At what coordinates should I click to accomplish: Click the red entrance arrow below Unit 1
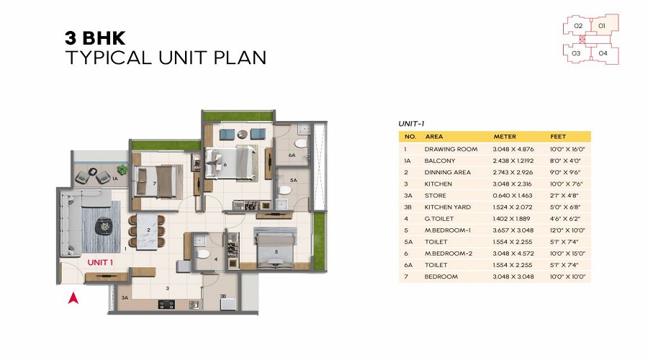73,298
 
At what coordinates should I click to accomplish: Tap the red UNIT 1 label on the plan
100,263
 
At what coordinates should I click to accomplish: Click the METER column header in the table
505,136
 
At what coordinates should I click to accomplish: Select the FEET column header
558,136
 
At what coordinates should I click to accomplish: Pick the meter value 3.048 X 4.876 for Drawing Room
513,149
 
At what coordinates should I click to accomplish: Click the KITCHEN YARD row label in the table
448,207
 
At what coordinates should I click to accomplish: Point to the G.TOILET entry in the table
439,219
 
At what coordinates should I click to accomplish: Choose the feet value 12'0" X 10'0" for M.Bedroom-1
567,230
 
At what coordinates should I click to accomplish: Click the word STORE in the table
435,196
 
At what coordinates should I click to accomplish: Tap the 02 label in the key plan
578,26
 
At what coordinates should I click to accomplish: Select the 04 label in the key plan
603,53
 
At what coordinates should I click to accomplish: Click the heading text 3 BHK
95,38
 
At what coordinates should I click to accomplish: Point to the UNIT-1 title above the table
411,124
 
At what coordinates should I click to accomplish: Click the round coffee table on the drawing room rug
103,226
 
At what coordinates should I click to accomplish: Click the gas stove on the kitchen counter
166,305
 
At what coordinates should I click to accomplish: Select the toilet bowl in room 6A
301,143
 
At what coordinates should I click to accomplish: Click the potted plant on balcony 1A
122,169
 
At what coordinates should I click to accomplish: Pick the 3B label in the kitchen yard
222,296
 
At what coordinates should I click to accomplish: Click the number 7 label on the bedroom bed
154,183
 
